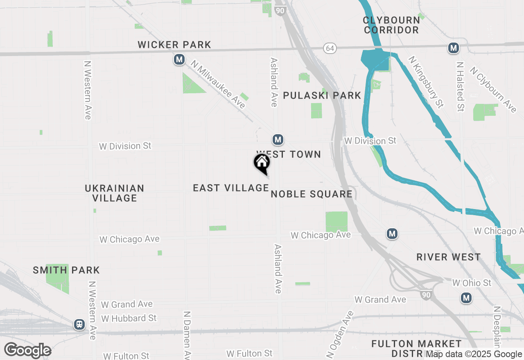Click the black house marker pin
(x=262, y=163)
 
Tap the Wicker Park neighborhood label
(x=174, y=45)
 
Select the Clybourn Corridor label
(x=391, y=25)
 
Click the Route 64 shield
(x=330, y=48)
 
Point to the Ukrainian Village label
(x=115, y=193)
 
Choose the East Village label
(x=231, y=188)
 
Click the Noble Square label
(x=312, y=194)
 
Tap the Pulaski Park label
(x=322, y=95)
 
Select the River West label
(x=449, y=257)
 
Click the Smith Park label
(x=66, y=270)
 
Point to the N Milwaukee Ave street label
(x=218, y=85)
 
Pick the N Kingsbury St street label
(x=426, y=82)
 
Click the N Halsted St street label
(x=461, y=87)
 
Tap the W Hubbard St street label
(x=129, y=318)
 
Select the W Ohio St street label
(x=472, y=283)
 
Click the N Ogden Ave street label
(x=340, y=334)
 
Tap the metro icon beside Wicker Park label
(x=179, y=60)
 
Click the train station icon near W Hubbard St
(x=79, y=324)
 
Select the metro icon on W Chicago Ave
(x=392, y=234)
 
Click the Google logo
(x=28, y=350)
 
